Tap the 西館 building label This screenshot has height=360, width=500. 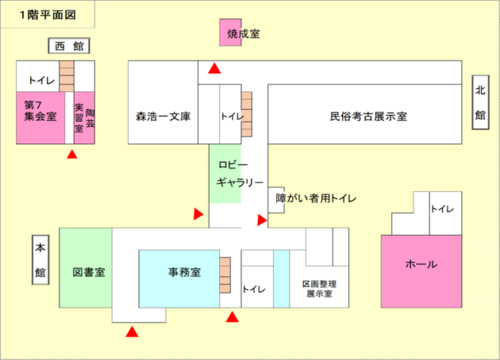[x=69, y=46]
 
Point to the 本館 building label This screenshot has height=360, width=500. [x=40, y=259]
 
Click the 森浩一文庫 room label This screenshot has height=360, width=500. [x=162, y=117]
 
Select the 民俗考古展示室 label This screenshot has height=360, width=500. [x=367, y=117]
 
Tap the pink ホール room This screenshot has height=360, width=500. [x=419, y=265]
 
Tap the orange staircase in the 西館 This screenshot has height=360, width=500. [x=67, y=74]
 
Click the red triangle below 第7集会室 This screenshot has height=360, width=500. [x=71, y=155]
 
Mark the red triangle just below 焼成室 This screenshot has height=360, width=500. [x=215, y=68]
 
